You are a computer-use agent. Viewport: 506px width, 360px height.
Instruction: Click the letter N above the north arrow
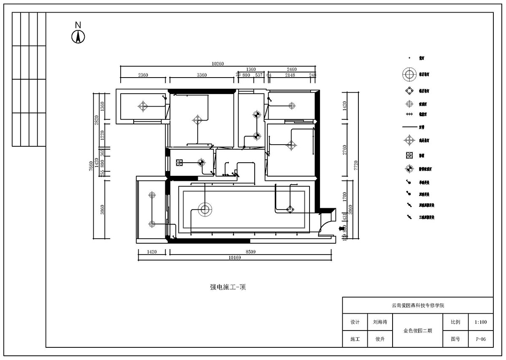pyautogui.click(x=78, y=25)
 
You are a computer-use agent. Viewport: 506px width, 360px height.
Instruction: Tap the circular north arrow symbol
pyautogui.click(x=78, y=37)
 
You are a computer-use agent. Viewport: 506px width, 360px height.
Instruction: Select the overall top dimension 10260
pyautogui.click(x=218, y=64)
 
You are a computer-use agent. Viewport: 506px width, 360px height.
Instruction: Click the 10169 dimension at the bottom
pyautogui.click(x=234, y=258)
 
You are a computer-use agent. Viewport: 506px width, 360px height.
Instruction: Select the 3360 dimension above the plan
pyautogui.click(x=202, y=75)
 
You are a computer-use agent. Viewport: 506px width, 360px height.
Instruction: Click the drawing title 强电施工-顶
pyautogui.click(x=228, y=287)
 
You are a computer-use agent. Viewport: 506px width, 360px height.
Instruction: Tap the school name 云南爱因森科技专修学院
pyautogui.click(x=417, y=305)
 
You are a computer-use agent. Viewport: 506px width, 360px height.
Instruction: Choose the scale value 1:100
pyautogui.click(x=480, y=322)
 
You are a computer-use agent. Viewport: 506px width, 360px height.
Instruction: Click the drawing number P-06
pyautogui.click(x=480, y=339)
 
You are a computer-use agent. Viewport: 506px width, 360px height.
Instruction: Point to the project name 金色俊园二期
pyautogui.click(x=417, y=330)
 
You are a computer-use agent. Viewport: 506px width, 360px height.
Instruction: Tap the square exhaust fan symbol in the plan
pyautogui.click(x=179, y=162)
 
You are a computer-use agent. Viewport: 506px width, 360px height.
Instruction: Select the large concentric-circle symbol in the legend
pyautogui.click(x=409, y=75)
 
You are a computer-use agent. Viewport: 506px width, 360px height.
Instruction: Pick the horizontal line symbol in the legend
pyautogui.click(x=409, y=126)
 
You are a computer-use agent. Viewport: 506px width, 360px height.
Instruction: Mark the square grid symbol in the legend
pyautogui.click(x=409, y=155)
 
